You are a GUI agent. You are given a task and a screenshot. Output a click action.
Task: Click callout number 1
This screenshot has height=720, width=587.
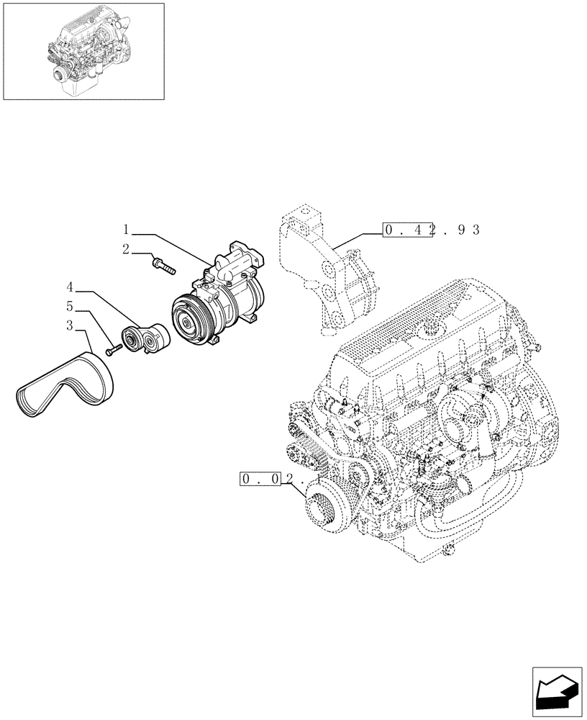point(126,231)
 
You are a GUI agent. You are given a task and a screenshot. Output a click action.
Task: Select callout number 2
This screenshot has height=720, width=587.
point(126,250)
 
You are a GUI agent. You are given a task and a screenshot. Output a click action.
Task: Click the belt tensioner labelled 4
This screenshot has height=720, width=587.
point(147,338)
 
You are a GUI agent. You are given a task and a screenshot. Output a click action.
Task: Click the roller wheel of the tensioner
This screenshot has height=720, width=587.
point(133,339)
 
